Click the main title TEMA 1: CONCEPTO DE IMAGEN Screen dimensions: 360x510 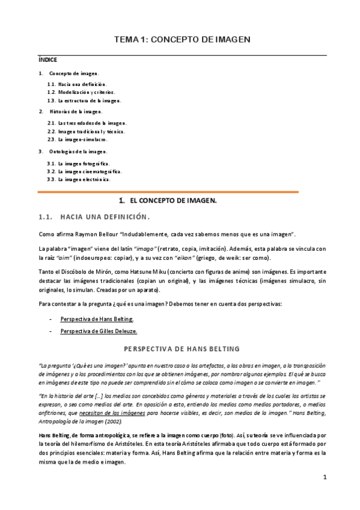pyautogui.click(x=182, y=39)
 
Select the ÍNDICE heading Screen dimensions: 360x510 pyautogui.click(x=47, y=60)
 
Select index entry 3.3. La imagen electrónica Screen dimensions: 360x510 pyautogui.click(x=79, y=179)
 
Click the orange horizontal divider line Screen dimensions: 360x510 pyautogui.click(x=168, y=192)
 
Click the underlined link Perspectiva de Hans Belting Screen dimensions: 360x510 pyautogui.click(x=97, y=319)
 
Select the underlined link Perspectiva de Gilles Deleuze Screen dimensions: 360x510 pyautogui.click(x=99, y=331)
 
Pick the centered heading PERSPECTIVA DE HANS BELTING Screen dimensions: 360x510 pyautogui.click(x=182, y=349)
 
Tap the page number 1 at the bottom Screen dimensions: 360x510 pyautogui.click(x=324, y=477)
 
